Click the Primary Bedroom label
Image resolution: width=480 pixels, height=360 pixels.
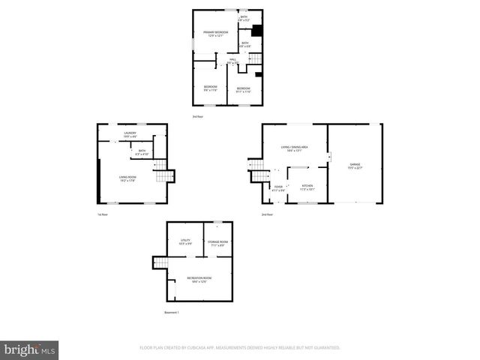tap(215, 34)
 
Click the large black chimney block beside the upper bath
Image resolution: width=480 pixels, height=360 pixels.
tap(257, 31)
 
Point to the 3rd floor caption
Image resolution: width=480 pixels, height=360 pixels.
tap(198, 116)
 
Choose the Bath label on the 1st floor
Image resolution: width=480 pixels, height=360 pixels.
tap(142, 152)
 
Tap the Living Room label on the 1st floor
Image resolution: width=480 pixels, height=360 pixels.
tap(127, 178)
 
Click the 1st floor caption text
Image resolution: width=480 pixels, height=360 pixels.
tap(103, 214)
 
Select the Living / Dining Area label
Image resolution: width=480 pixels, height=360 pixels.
tap(290, 148)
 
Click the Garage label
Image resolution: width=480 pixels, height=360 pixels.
tap(355, 166)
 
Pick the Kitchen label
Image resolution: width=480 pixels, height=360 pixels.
tap(307, 187)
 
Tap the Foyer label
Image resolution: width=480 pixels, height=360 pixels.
tap(278, 188)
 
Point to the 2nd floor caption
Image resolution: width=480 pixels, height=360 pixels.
tap(267, 214)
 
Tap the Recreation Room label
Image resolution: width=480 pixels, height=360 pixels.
tap(199, 279)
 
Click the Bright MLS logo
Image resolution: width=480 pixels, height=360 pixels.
tap(30, 349)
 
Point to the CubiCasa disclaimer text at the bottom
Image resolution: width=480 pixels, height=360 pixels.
tap(240, 348)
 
